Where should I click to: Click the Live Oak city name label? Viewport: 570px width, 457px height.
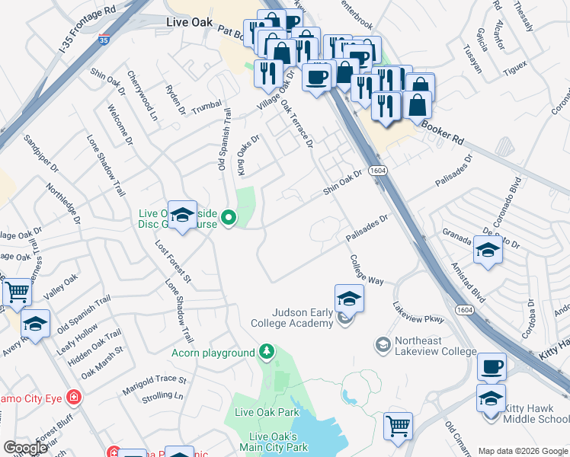coord(189,24)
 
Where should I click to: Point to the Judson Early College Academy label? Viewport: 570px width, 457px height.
coord(293,318)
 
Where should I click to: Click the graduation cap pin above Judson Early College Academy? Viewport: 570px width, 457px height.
coord(349,298)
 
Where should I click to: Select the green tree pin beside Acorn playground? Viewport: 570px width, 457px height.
coord(266,352)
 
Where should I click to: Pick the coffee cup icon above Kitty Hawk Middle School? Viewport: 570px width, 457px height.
coord(492,367)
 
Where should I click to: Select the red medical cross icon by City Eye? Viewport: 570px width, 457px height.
coord(73,398)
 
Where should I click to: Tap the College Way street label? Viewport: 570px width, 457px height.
coord(367,269)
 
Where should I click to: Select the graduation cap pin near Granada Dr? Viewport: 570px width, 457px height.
coord(488,249)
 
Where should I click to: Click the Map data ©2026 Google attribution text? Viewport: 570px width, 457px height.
coord(521,450)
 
